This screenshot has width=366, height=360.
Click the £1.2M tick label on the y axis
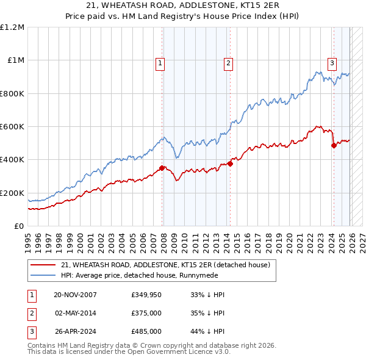click(x=12, y=27)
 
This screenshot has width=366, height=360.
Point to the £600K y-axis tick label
click(x=12, y=127)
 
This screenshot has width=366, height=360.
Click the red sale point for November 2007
click(x=162, y=168)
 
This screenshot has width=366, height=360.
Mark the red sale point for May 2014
click(x=230, y=164)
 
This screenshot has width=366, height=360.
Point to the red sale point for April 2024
click(x=334, y=145)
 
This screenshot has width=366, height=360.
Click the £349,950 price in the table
click(x=146, y=295)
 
